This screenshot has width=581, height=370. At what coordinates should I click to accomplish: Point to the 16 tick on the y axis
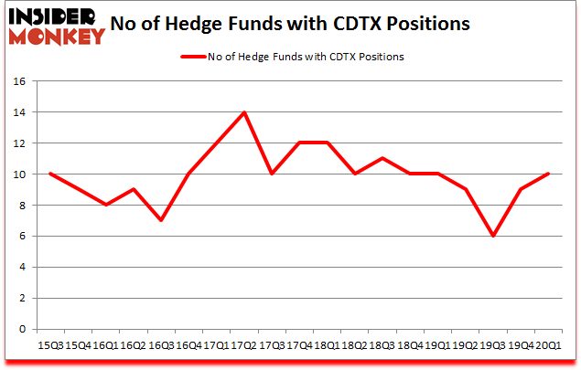pos(22,81)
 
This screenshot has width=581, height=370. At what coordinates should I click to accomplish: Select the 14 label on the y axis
pos(22,112)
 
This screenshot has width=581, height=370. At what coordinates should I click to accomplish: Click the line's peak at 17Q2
pos(243,112)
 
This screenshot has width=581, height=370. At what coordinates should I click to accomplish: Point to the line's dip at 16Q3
pos(161,220)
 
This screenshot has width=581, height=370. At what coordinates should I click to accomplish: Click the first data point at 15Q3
pos(51,174)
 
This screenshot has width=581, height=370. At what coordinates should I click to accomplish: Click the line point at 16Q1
pos(106,205)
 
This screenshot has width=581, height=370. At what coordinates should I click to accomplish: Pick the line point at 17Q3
pos(271,174)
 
